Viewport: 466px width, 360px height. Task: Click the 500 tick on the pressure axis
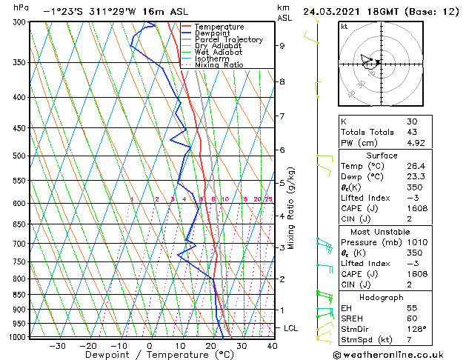click(20, 156)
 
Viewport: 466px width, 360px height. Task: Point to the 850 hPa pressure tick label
click(20, 294)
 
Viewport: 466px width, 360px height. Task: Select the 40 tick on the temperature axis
click(271, 346)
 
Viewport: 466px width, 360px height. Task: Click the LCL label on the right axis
click(291, 327)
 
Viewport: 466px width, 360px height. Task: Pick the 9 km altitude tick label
click(282, 45)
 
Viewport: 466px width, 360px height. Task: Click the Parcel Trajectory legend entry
click(228, 40)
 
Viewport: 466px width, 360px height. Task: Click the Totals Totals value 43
click(412, 133)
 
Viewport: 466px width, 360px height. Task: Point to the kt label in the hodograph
click(344, 26)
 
